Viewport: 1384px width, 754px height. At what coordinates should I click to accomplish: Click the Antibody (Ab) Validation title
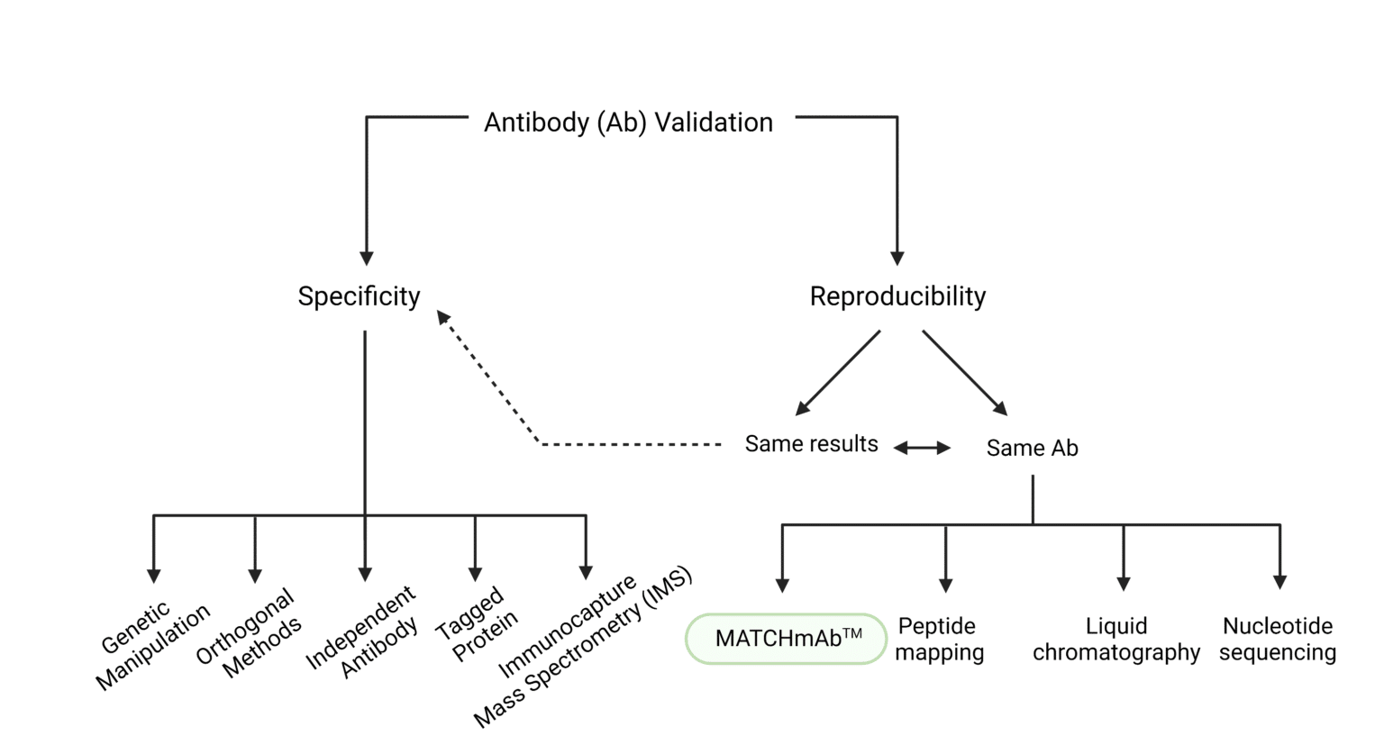coord(628,123)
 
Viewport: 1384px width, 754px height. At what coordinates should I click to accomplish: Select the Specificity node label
coord(359,296)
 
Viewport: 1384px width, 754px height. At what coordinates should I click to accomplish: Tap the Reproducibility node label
coord(897,296)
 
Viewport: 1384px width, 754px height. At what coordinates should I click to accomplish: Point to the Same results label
coord(811,444)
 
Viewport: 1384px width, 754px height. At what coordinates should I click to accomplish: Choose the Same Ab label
coord(1032,448)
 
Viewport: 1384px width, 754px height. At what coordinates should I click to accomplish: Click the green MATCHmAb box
coord(786,639)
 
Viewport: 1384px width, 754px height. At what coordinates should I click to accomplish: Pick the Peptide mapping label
coord(939,639)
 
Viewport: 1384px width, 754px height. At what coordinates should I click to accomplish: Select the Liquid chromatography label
coord(1115,639)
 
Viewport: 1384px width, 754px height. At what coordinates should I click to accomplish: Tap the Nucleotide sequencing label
coord(1277,639)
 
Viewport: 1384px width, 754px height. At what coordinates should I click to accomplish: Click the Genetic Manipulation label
coord(153,645)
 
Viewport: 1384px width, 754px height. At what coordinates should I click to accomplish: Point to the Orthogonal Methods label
coord(249,632)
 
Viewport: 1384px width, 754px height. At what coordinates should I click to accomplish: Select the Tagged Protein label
coord(477,624)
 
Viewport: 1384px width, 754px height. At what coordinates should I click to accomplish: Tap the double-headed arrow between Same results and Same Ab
coord(922,448)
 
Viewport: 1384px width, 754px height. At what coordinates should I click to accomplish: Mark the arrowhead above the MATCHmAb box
coord(782,585)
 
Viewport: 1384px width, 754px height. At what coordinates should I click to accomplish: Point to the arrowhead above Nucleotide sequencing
coord(1279,582)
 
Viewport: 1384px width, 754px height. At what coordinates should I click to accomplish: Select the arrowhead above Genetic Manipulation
coord(154,575)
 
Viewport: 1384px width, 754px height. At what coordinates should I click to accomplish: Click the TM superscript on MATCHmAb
coord(852,633)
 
